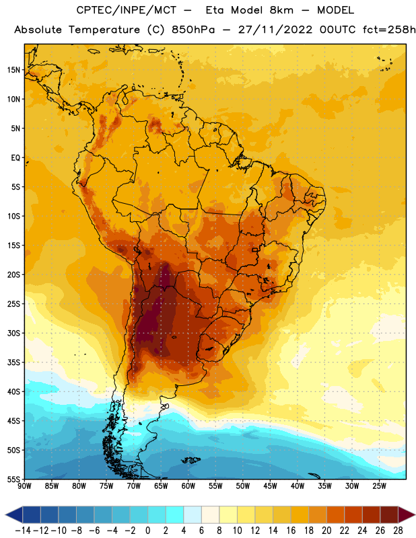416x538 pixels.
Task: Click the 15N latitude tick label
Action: [x=13, y=70]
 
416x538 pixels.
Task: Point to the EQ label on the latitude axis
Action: [x=15, y=158]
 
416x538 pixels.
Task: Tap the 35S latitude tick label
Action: [x=13, y=362]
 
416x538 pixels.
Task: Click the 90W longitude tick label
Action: [x=24, y=486]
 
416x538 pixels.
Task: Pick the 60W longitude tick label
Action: [x=188, y=486]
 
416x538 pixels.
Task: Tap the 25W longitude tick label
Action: [x=379, y=486]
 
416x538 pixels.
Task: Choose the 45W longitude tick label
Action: [x=270, y=486]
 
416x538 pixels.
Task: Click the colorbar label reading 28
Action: [x=398, y=531]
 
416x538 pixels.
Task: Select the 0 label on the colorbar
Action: [x=147, y=531]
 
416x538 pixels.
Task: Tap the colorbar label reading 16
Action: [x=291, y=531]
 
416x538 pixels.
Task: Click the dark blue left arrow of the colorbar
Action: [x=14, y=514]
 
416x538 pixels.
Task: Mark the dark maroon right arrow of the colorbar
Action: [x=407, y=514]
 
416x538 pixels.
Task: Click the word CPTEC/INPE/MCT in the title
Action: [x=126, y=10]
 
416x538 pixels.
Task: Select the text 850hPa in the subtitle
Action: [x=193, y=30]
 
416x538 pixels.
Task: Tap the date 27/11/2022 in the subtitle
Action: [x=275, y=30]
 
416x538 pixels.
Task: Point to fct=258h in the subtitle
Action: [x=389, y=30]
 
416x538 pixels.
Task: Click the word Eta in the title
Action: [x=215, y=10]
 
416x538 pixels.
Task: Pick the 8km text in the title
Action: [x=281, y=10]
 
